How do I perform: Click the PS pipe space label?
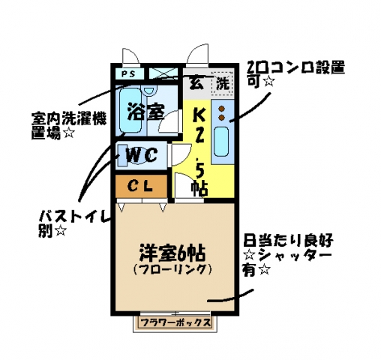point(128,74)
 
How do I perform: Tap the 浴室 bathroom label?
point(145,111)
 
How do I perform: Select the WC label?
point(142,155)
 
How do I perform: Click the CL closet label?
point(140,185)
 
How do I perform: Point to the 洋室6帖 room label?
point(172,253)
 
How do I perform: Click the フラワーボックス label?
point(175,322)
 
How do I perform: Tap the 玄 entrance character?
point(196,82)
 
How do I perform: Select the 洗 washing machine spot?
point(223,83)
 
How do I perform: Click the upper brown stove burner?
point(221,109)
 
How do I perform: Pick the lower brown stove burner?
point(221,118)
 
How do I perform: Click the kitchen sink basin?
point(221,142)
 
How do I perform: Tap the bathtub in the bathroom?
point(130,110)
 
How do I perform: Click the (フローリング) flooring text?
point(172,269)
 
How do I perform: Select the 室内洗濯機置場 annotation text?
point(69,126)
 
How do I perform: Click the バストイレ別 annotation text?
point(74,223)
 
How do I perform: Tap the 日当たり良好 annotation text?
point(288,241)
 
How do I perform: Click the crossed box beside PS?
point(163,73)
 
